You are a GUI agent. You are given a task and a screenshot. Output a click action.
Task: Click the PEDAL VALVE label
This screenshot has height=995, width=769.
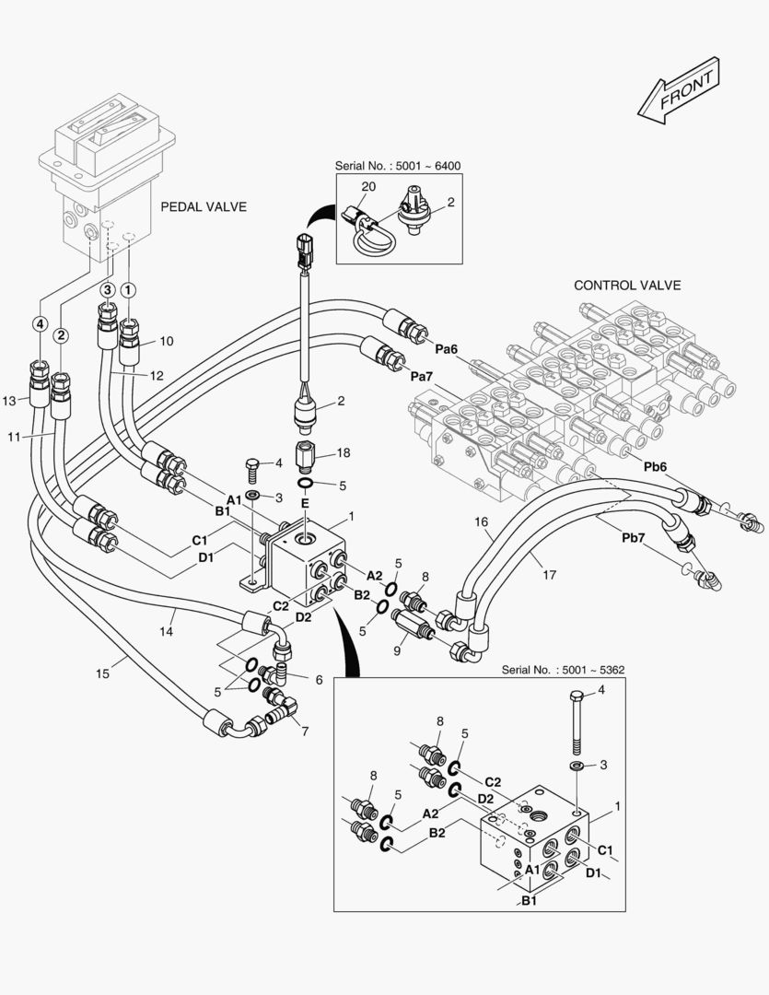tap(204, 206)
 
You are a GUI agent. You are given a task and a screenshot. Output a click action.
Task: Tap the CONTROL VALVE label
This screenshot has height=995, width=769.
tap(627, 285)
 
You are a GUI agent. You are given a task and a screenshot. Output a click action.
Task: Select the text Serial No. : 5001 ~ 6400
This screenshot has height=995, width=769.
tap(398, 166)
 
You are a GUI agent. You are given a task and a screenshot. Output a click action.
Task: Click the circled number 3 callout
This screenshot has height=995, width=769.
tap(107, 289)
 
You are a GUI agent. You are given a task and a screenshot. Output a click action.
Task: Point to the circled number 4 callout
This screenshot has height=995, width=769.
tap(40, 323)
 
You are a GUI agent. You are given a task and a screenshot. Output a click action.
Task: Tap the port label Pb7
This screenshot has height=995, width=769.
tap(634, 538)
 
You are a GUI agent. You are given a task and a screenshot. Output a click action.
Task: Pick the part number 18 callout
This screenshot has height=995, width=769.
tap(344, 453)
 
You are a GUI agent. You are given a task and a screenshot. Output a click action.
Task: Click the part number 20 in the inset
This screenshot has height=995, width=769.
tap(368, 186)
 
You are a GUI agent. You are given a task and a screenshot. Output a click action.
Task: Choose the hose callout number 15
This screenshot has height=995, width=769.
tap(102, 673)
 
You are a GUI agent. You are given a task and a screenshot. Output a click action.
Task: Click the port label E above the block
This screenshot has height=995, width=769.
tap(305, 503)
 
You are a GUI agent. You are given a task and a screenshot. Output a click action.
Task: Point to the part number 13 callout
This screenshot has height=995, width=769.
tap(10, 400)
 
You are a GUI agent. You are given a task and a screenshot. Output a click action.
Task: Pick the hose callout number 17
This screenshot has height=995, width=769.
tap(549, 574)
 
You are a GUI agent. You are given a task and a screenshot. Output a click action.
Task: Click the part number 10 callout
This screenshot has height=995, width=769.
tap(167, 341)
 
